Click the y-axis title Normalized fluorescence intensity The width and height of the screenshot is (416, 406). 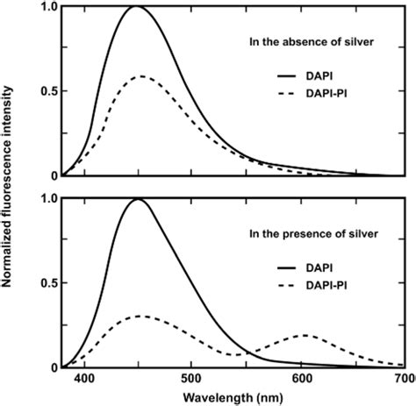click(x=9, y=187)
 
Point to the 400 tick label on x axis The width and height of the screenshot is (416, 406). click(x=84, y=379)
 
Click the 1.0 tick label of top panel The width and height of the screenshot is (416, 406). click(x=46, y=7)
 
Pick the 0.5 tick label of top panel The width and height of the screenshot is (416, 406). click(x=46, y=91)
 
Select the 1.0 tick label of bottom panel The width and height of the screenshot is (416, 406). click(x=46, y=199)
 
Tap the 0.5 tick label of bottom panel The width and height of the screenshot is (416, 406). click(x=46, y=282)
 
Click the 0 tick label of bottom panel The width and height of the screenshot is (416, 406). click(x=52, y=367)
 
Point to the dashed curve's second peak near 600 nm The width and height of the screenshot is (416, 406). click(x=305, y=335)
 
